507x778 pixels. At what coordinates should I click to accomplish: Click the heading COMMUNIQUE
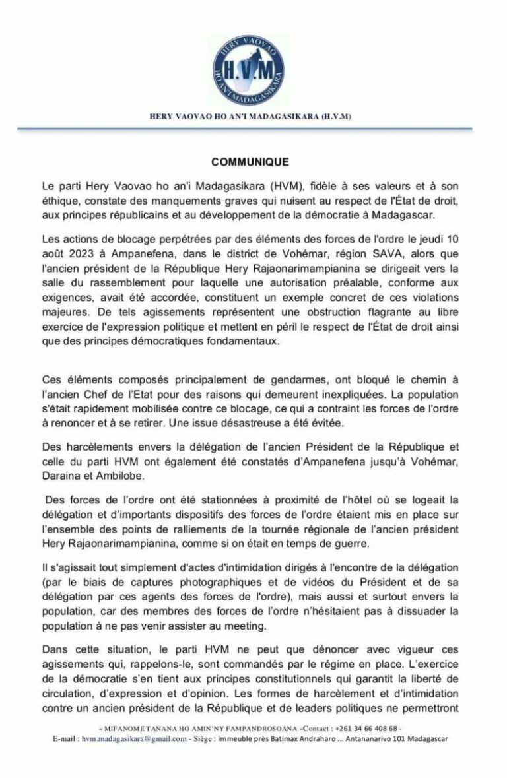pos(253,160)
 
